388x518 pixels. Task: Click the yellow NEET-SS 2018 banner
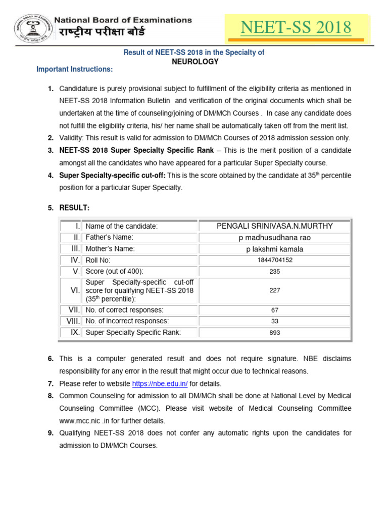tap(296, 28)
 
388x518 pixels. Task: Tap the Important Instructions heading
tap(75, 69)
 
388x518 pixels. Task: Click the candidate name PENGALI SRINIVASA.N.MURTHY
tap(274, 226)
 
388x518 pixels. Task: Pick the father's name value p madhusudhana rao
tap(274, 238)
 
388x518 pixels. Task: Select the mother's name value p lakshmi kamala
tap(274, 249)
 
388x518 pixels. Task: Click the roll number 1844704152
tap(274, 260)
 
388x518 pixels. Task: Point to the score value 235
tap(274, 271)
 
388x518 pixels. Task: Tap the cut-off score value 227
tap(274, 290)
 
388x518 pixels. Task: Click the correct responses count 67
tap(274, 310)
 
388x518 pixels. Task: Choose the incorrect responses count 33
tap(274, 321)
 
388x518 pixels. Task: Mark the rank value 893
tap(274, 333)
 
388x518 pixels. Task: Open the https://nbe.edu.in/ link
tap(160, 384)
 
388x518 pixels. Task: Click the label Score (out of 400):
tap(115, 271)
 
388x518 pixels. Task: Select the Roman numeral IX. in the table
tap(75, 332)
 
